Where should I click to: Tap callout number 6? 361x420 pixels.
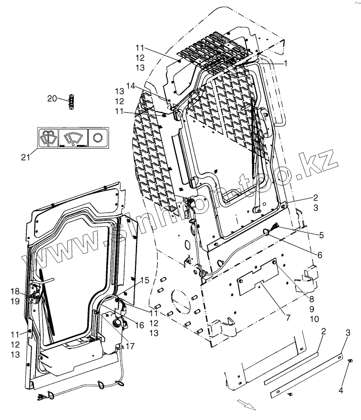click(x=320, y=255)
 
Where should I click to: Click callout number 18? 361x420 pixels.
click(x=15, y=290)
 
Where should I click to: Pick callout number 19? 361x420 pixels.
click(x=15, y=301)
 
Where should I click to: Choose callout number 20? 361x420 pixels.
click(x=52, y=99)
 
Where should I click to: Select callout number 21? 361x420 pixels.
click(x=25, y=158)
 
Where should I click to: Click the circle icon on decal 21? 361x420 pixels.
click(x=97, y=137)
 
